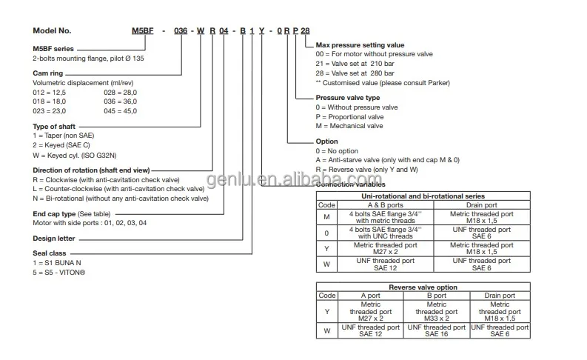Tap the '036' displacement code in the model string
[x=181, y=30]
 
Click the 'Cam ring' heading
[x=49, y=73]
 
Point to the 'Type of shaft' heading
[x=56, y=127]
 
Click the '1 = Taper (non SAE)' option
[x=64, y=136]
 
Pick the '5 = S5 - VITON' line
[x=58, y=272]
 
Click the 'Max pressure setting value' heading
[x=359, y=45]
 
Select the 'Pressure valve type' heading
[x=347, y=98]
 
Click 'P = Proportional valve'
[x=349, y=116]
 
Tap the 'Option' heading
[x=326, y=141]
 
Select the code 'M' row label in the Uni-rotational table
[x=326, y=216]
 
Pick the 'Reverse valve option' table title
[x=423, y=287]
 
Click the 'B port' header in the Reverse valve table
[x=437, y=295]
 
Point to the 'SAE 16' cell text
[x=437, y=334]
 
